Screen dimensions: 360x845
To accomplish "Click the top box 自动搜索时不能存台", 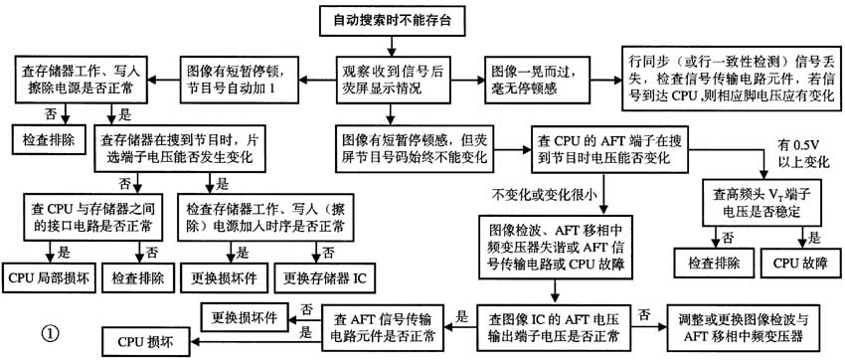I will [396, 19].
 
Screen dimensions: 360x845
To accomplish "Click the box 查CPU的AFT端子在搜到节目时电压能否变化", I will [611, 147].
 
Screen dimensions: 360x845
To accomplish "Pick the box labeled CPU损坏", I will [146, 342].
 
